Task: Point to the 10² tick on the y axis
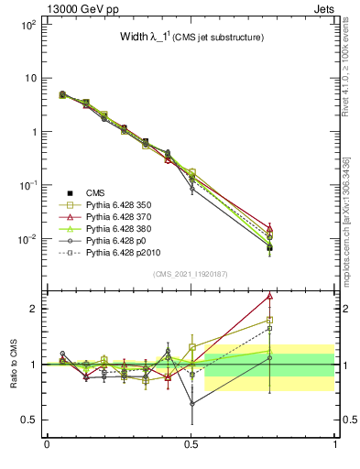27,25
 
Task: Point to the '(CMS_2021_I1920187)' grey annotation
191,273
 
